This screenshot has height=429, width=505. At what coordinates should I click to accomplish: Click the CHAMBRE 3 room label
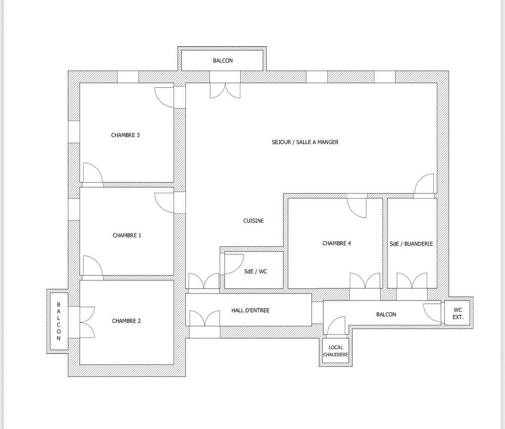pyautogui.click(x=125, y=135)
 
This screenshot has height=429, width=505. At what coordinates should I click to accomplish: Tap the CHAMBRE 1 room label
pyautogui.click(x=127, y=235)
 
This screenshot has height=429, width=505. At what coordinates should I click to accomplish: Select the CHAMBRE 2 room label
pyautogui.click(x=126, y=321)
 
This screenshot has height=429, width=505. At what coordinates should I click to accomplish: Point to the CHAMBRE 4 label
pyautogui.click(x=336, y=243)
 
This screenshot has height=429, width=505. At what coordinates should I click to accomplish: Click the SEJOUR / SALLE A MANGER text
pyautogui.click(x=305, y=142)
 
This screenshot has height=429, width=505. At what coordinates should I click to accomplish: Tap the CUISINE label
pyautogui.click(x=254, y=221)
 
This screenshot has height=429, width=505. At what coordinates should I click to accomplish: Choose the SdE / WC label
pyautogui.click(x=256, y=271)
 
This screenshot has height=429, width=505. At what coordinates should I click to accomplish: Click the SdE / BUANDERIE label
pyautogui.click(x=411, y=244)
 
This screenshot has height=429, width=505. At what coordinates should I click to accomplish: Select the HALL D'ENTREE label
pyautogui.click(x=250, y=310)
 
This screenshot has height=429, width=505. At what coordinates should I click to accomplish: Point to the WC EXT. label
pyautogui.click(x=458, y=313)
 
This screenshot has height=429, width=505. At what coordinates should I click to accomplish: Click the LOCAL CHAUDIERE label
pyautogui.click(x=336, y=351)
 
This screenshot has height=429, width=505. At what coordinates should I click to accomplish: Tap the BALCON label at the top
pyautogui.click(x=223, y=61)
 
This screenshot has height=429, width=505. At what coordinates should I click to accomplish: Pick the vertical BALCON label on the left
pyautogui.click(x=59, y=321)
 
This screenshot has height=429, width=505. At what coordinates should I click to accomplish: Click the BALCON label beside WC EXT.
pyautogui.click(x=386, y=314)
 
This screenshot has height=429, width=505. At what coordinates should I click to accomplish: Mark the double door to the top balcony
pyautogui.click(x=225, y=90)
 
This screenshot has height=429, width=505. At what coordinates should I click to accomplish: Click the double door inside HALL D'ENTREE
pyautogui.click(x=205, y=318)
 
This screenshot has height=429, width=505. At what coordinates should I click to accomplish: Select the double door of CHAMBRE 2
pyautogui.click(x=87, y=322)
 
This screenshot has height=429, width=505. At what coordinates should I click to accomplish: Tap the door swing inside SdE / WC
pyautogui.click(x=233, y=263)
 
